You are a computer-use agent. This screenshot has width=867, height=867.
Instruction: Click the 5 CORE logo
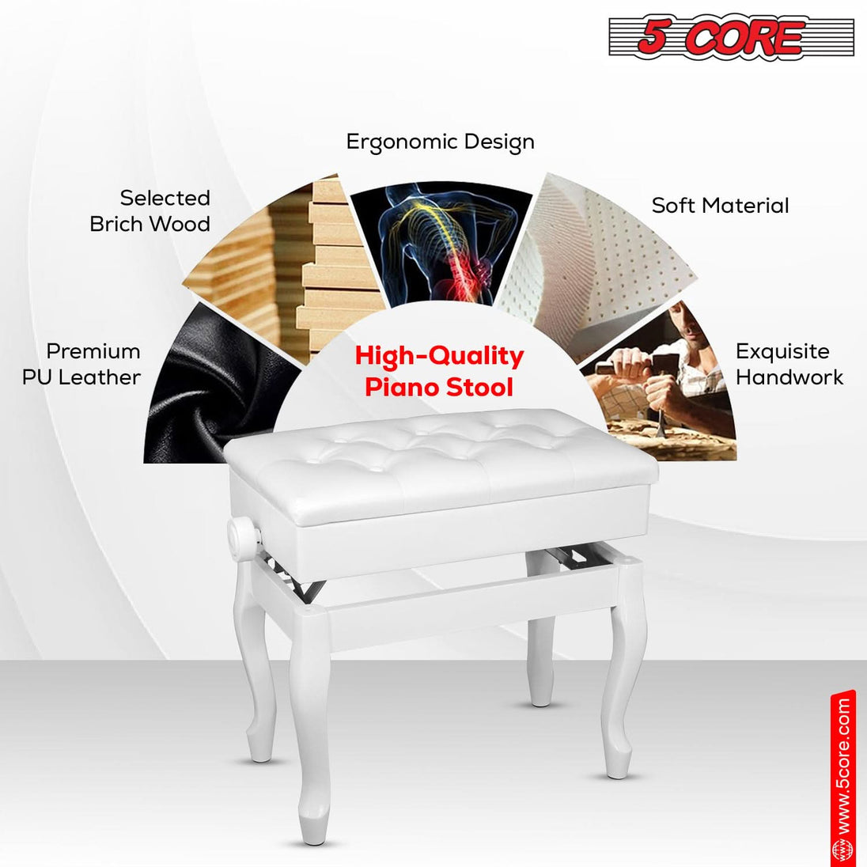pyautogui.click(x=730, y=37)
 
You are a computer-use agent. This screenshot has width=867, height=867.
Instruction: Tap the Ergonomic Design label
pyautogui.click(x=440, y=142)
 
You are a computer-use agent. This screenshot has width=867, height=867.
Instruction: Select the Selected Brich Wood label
pyautogui.click(x=150, y=211)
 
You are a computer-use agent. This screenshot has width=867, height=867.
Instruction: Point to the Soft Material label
pyautogui.click(x=720, y=206)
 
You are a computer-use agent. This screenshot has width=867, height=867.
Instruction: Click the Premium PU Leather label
pyautogui.click(x=82, y=364)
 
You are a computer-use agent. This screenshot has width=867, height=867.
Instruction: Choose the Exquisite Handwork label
pyautogui.click(x=789, y=364)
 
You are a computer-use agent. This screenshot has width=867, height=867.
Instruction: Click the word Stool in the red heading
pyautogui.click(x=478, y=388)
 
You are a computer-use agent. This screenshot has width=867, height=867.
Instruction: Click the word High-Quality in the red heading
pyautogui.click(x=439, y=357)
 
